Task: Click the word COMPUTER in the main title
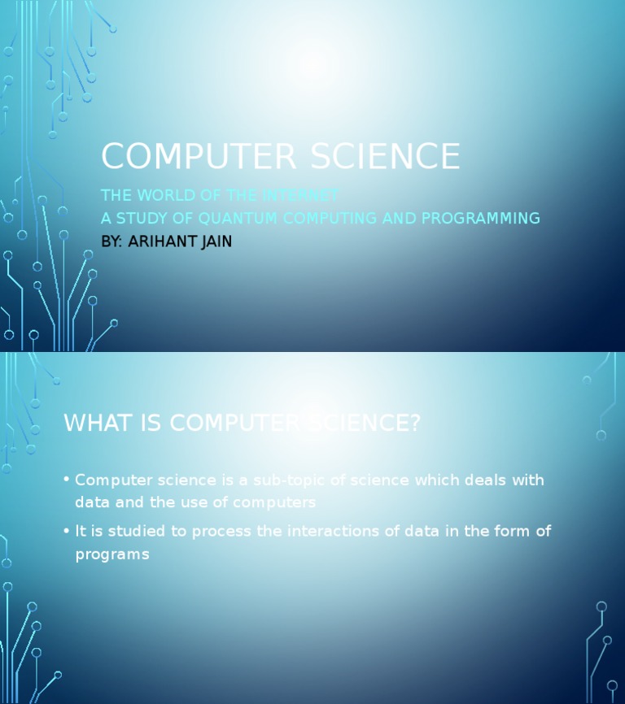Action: (x=180, y=157)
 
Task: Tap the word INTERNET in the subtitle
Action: (x=300, y=196)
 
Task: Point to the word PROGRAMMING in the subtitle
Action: (x=480, y=219)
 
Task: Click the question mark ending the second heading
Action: (x=414, y=424)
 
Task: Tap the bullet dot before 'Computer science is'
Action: (x=65, y=480)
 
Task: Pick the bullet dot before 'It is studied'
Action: (x=65, y=531)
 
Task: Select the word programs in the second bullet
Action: (x=112, y=555)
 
